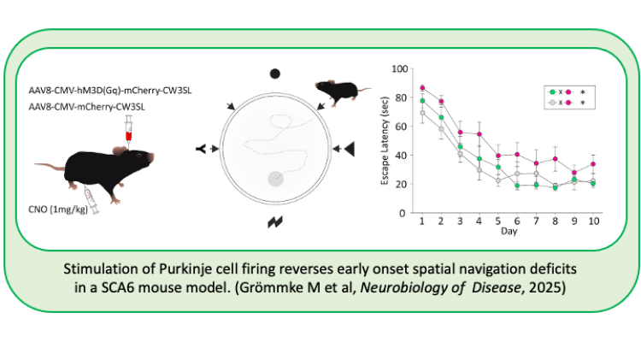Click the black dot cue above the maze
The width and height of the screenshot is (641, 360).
pyautogui.click(x=275, y=74)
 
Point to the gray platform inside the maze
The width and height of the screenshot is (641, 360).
pyautogui.click(x=275, y=178)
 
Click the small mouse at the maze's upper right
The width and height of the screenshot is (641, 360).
pyautogui.click(x=338, y=90)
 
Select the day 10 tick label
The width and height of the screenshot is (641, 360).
pyautogui.click(x=592, y=222)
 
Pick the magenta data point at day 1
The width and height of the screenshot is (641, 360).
pyautogui.click(x=422, y=87)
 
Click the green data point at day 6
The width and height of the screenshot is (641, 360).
pyautogui.click(x=517, y=185)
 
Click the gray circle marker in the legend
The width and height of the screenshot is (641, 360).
pyautogui.click(x=552, y=102)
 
